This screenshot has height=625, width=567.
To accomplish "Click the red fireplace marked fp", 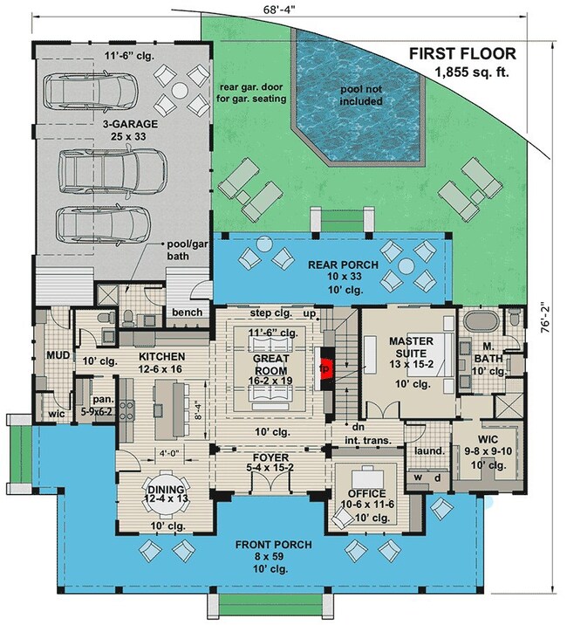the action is (x=325, y=368).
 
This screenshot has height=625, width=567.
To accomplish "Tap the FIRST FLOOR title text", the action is (x=462, y=53).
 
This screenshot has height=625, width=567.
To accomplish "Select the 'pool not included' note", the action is (x=360, y=95).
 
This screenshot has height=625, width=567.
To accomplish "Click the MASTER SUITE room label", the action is (x=411, y=347).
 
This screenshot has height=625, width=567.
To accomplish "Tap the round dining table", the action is (x=167, y=492).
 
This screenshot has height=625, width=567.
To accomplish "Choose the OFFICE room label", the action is (x=366, y=493).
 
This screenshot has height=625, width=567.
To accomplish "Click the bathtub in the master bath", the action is (x=482, y=321).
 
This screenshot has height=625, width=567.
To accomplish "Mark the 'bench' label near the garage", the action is (x=187, y=312).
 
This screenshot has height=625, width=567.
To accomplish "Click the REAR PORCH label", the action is (x=343, y=264).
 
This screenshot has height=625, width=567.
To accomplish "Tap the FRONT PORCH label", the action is (x=273, y=545).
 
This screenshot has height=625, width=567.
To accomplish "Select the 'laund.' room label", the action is (x=429, y=451).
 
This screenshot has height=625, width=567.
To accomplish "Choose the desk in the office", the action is (x=368, y=477).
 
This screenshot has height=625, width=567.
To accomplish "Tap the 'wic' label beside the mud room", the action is (x=57, y=414).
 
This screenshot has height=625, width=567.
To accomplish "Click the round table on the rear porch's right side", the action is (x=406, y=266).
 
